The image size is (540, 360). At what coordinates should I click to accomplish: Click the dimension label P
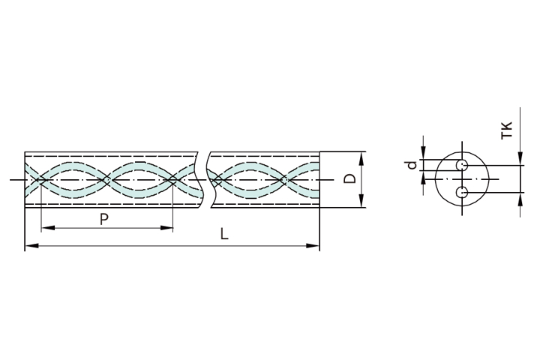tap(104, 219)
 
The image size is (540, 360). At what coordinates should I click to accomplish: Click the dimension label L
tap(224, 234)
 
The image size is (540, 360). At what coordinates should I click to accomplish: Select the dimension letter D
tap(350, 179)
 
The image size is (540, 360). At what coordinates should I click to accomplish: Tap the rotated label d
tap(412, 165)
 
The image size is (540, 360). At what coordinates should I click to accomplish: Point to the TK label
tap(507, 130)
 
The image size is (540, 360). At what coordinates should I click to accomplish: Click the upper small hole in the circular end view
tap(462, 165)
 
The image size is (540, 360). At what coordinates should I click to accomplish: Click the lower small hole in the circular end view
tap(462, 192)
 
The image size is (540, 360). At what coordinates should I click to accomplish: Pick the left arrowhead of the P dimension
tap(48, 228)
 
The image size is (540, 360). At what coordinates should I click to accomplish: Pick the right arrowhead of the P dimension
tap(166, 228)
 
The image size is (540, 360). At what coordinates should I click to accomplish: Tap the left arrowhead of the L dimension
tap(31, 246)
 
